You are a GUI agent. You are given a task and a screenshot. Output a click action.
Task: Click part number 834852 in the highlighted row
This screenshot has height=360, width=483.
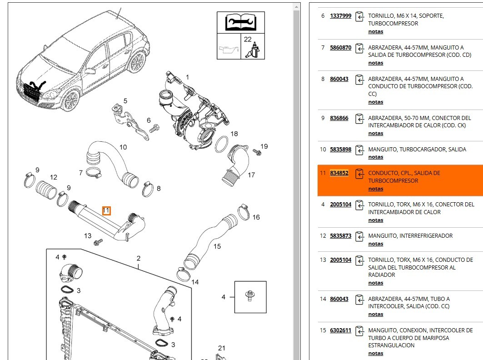click(339, 173)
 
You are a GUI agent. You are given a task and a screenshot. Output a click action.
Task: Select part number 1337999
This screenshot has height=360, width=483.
click(340, 16)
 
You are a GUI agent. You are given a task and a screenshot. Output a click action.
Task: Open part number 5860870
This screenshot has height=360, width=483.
click(340, 47)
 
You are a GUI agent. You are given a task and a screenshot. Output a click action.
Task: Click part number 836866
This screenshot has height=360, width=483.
click(339, 118)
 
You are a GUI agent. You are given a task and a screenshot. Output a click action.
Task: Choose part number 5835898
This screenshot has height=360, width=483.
click(340, 150)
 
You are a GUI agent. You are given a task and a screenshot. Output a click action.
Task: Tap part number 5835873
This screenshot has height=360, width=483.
click(340, 236)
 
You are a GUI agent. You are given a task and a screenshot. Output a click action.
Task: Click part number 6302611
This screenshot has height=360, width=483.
click(340, 330)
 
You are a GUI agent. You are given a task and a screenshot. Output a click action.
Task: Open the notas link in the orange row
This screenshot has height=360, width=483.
click(376, 189)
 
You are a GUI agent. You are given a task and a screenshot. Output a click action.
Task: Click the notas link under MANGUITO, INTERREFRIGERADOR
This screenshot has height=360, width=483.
click(376, 244)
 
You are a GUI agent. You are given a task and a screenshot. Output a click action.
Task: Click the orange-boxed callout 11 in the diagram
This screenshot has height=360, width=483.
click(106, 210)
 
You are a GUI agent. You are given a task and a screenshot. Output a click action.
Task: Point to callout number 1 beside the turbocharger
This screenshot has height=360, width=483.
click(187, 77)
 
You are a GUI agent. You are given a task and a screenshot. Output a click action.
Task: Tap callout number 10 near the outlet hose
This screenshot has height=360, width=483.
click(123, 147)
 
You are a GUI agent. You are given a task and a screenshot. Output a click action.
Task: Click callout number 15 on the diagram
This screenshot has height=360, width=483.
click(217, 246)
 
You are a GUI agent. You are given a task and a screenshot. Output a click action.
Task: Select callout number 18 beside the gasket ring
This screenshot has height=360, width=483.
click(234, 134)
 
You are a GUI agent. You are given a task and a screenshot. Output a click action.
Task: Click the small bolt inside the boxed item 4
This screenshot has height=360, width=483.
click(249, 295)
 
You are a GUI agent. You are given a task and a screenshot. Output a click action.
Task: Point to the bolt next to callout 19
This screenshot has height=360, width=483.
click(257, 152)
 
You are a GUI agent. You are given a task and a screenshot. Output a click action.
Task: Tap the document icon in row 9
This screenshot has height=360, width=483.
click(359, 119)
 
